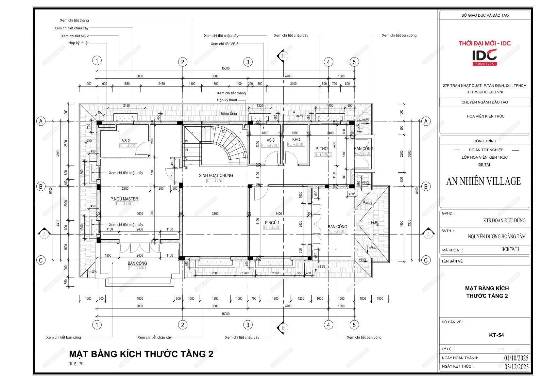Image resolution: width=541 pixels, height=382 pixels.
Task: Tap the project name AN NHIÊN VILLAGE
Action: [483, 181]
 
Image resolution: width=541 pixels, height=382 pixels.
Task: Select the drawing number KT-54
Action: [496, 335]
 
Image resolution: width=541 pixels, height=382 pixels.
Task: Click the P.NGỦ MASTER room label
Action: [124, 199]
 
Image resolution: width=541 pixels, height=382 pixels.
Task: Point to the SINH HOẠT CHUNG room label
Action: [216, 175]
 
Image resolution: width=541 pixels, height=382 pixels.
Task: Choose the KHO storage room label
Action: [296, 139]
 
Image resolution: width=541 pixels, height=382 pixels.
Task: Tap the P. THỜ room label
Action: [321, 149]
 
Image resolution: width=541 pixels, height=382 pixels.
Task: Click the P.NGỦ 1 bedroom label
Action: [272, 223]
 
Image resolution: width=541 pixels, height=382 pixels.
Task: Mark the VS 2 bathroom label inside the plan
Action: [126, 141]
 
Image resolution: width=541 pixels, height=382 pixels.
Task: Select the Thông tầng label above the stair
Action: [228, 113]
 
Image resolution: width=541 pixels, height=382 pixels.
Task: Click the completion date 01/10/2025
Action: [516, 358]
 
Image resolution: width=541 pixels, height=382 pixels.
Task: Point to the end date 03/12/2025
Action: [516, 366]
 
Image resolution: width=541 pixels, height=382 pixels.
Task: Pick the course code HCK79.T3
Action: [510, 250]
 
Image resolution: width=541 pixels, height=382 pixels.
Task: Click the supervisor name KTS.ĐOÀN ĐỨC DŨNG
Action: [504, 221]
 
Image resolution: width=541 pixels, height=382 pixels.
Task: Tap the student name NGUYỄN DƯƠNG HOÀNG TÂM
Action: [497, 236]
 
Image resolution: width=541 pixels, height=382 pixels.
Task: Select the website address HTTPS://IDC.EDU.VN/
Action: [484, 92]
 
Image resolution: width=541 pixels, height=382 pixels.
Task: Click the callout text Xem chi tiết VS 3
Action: [224, 44]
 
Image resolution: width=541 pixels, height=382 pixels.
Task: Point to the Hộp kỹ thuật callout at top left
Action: [78, 43]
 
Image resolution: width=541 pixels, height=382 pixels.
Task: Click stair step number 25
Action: [186, 168]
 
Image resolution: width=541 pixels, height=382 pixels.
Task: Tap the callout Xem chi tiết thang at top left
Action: [74, 20]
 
